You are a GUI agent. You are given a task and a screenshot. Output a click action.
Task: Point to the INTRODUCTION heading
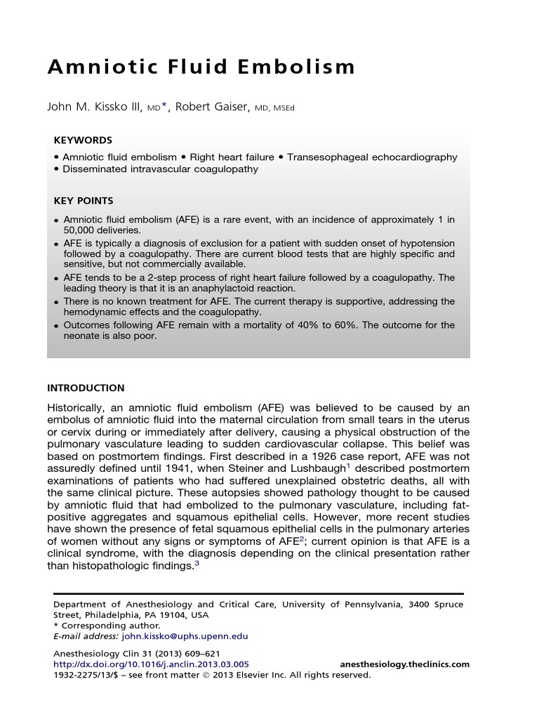86,388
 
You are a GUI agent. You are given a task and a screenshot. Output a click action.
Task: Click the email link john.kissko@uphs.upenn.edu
185,636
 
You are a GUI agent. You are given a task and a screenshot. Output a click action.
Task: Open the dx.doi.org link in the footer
151,664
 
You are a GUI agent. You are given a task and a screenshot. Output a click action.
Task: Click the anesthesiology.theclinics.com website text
404,664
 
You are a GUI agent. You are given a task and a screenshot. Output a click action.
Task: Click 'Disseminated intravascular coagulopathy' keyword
160,169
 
